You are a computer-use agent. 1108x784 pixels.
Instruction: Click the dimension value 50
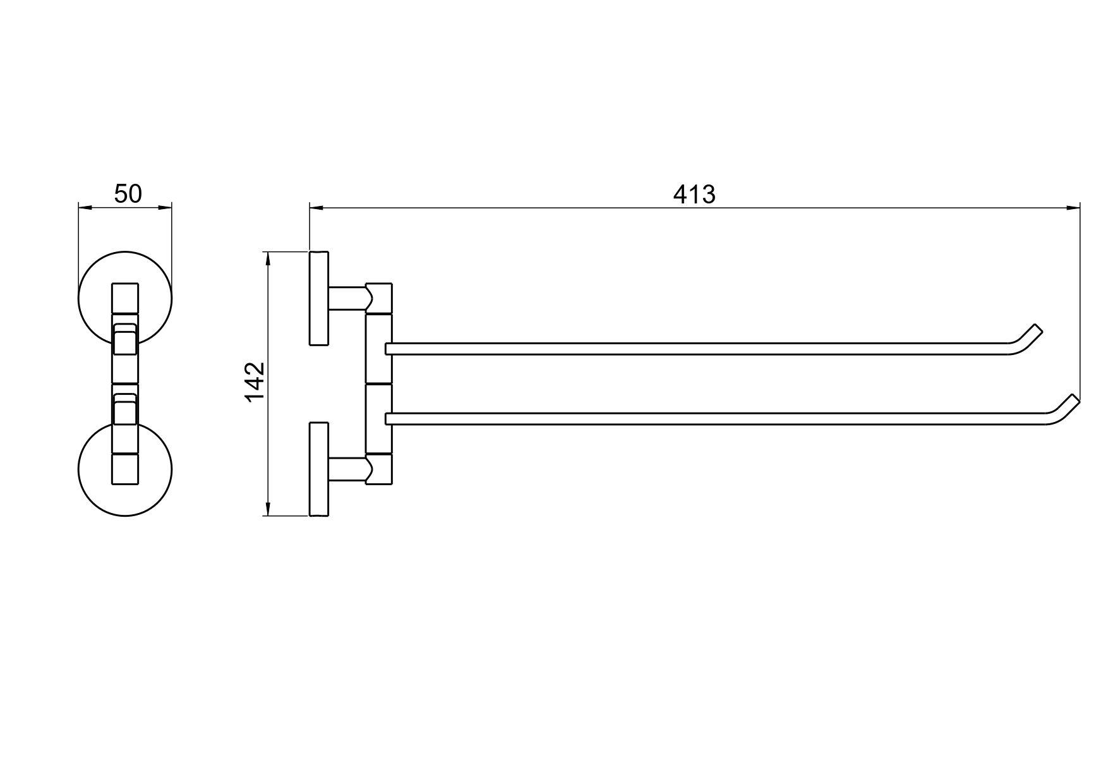[128, 193]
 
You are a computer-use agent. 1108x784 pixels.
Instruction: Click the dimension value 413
[694, 195]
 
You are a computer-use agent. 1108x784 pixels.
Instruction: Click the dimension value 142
[255, 382]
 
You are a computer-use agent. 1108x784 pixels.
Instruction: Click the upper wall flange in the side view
[319, 298]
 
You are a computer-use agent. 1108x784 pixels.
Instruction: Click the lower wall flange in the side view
[319, 469]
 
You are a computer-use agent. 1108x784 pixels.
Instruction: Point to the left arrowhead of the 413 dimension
[316, 207]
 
